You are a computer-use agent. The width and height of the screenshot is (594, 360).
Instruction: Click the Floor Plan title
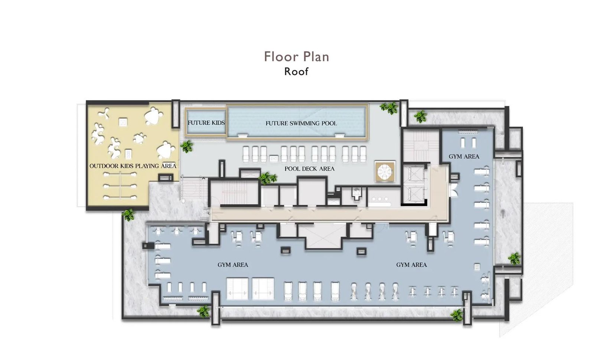297,56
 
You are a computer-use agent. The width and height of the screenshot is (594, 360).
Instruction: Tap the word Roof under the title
296,72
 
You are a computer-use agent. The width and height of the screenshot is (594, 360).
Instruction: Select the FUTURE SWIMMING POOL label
301,123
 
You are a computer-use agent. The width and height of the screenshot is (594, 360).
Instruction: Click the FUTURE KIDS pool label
206,123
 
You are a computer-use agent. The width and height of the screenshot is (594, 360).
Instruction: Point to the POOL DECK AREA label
310,169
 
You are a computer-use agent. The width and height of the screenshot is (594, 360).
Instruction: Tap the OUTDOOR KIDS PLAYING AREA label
133,166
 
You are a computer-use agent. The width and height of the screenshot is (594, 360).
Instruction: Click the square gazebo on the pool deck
385,172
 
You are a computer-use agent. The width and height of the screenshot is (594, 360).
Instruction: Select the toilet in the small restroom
357,193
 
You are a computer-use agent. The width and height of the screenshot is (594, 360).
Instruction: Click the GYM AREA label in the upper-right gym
464,156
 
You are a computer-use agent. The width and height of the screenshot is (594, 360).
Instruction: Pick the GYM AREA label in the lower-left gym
233,265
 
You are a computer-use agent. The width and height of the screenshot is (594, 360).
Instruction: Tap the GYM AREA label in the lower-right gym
412,265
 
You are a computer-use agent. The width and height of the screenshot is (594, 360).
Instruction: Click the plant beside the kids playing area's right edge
187,146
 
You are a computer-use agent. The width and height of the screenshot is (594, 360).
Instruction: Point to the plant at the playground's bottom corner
128,215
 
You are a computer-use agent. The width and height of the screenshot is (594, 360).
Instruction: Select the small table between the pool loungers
274,158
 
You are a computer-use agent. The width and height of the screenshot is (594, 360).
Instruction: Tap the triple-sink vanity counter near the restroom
380,200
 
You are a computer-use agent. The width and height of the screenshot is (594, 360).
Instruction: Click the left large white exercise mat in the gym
237,289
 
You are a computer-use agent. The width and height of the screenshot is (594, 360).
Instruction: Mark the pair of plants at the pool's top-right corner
389,108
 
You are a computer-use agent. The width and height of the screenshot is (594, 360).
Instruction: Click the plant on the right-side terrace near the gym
515,259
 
